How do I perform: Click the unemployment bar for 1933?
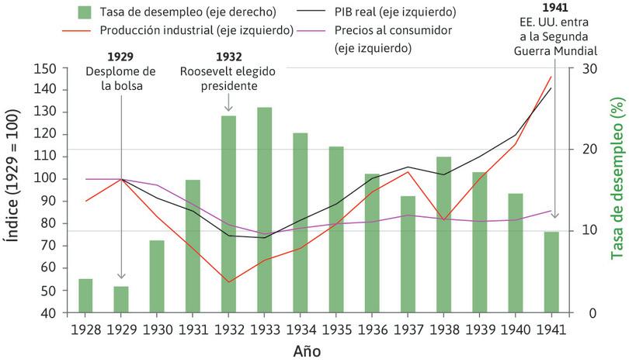click(264, 210)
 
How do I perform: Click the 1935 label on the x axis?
click(336, 329)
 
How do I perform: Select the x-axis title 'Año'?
click(307, 350)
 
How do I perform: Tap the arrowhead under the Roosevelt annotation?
click(228, 109)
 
